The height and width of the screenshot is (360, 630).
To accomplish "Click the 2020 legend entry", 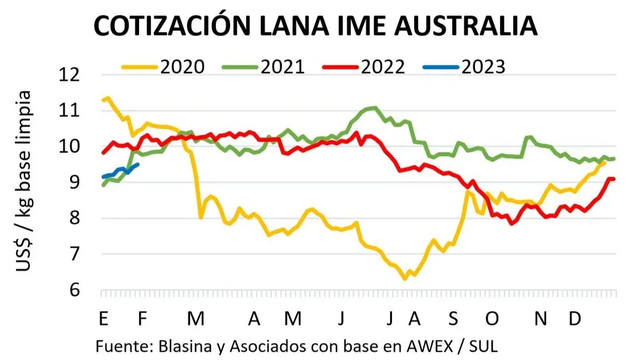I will coord(162,66).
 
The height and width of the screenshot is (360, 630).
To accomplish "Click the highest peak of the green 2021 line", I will coord(373,108).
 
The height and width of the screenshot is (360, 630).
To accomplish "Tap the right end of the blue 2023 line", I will coord(137,164).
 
